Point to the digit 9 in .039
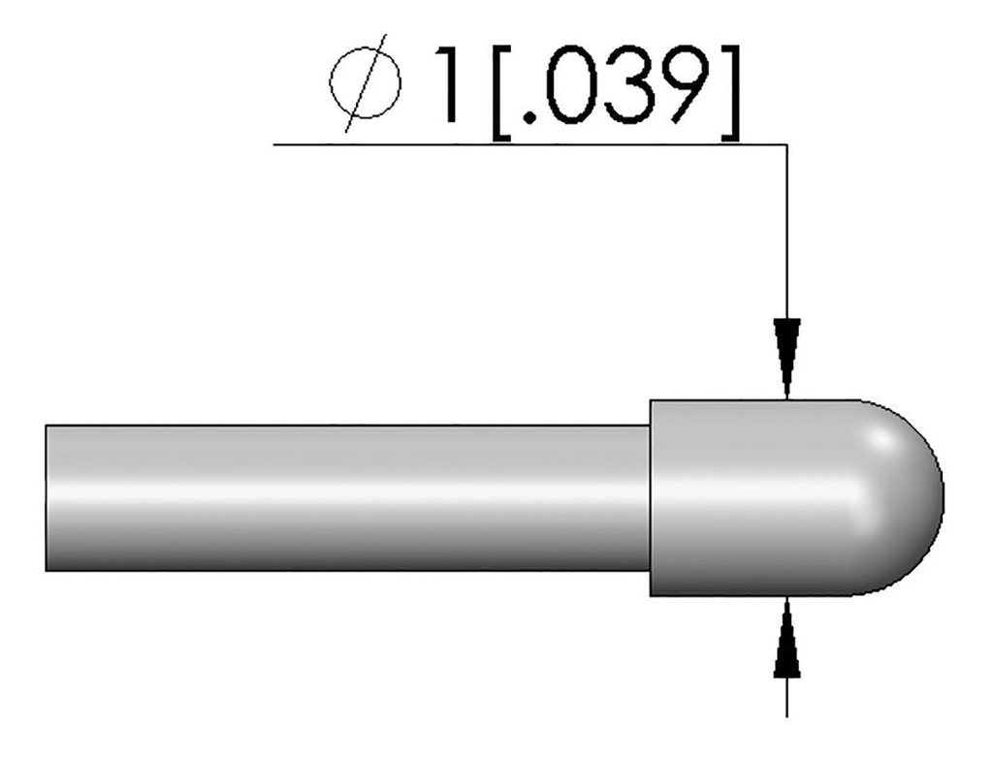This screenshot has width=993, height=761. click(x=689, y=84)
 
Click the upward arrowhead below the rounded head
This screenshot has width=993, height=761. click(x=786, y=640)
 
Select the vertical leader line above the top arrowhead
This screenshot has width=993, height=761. click(x=786, y=233)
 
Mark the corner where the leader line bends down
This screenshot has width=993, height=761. click(x=786, y=145)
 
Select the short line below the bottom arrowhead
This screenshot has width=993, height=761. click(x=786, y=698)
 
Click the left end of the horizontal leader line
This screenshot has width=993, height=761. click(x=276, y=144)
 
